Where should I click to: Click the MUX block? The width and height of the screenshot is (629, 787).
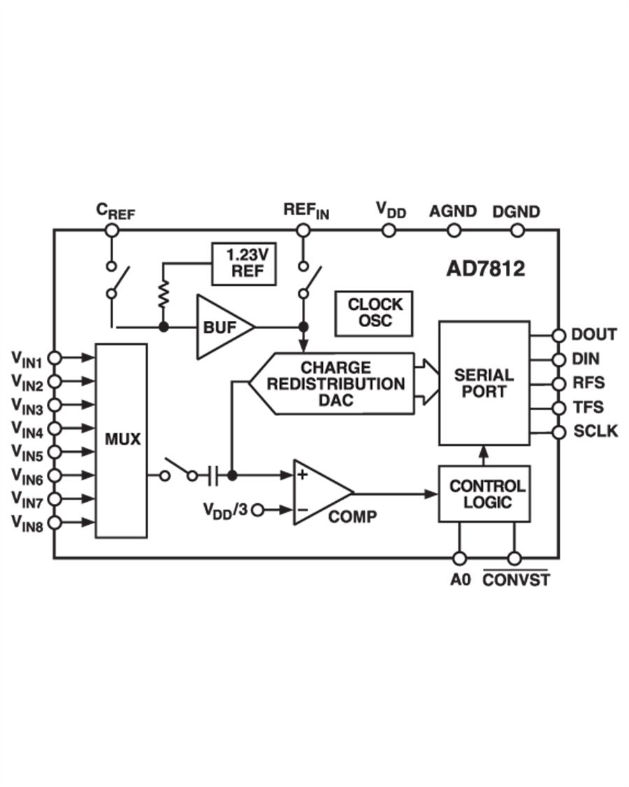coord(121,440)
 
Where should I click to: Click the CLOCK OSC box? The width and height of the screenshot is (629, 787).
coord(375,312)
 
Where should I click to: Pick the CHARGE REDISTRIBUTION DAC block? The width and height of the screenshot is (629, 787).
coord(335,384)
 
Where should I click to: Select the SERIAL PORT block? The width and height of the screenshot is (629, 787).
coord(484,383)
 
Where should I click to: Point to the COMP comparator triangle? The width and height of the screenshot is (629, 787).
coord(318,492)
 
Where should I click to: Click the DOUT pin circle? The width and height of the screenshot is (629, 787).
coord(558,335)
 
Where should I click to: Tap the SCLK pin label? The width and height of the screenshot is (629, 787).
coord(595,431)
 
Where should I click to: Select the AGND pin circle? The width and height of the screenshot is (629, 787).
coord(454,229)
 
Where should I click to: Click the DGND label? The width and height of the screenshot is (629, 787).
coord(516,211)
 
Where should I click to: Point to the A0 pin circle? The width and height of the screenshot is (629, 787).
coord(459,558)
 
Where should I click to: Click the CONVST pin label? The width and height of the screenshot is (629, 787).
coord(516,579)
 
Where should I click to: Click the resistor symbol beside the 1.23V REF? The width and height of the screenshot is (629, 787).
coord(164,294)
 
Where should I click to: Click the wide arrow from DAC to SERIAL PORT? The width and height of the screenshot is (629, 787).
coord(424,383)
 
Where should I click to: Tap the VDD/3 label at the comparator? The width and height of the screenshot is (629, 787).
coord(226,510)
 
